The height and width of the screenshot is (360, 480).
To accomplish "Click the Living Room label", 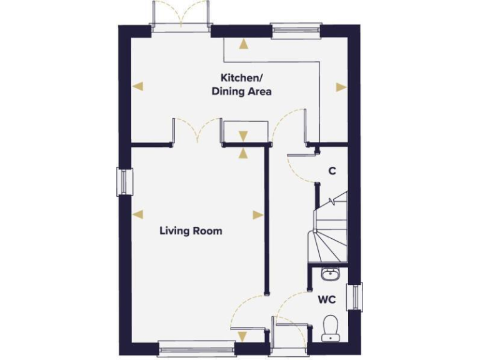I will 191,231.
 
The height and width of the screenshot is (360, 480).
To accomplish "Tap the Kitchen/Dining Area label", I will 246,84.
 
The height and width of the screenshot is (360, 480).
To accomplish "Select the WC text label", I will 327,300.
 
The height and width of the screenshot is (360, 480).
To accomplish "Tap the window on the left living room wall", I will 123,182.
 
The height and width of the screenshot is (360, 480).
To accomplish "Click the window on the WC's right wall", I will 357,296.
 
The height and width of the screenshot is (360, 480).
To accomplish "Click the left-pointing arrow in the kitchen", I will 139,87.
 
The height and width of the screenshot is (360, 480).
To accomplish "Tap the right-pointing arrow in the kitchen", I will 341,87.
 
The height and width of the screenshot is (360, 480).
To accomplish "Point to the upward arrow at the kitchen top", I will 242,44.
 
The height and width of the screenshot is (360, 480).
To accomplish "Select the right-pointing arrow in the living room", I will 257,214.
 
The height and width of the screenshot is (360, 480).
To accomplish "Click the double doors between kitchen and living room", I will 197,131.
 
